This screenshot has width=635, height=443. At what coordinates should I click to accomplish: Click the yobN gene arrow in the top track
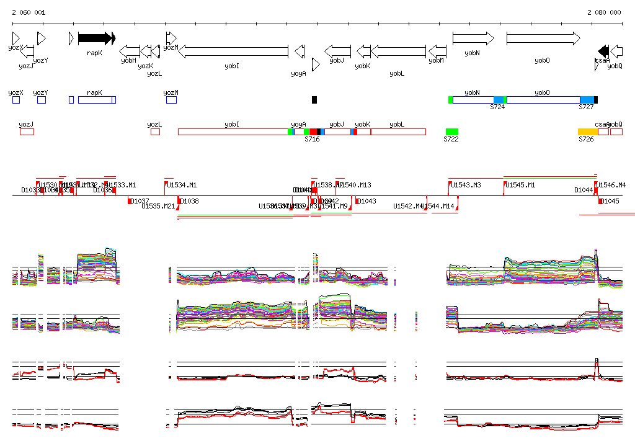473,38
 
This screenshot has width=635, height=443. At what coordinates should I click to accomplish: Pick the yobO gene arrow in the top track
543,38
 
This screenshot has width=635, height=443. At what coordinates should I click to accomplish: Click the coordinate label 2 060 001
28,12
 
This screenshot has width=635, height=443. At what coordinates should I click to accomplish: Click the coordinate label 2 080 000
604,12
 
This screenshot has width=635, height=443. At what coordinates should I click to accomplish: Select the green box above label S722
452,132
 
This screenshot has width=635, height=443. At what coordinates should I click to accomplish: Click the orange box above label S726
587,132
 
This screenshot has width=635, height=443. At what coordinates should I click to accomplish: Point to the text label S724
497,107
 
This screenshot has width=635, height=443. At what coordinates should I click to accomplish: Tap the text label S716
312,140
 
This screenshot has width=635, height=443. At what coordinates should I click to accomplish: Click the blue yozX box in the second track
16,100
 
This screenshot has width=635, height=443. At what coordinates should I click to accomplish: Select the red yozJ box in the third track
27,132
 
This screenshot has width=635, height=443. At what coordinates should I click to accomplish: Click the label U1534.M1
182,185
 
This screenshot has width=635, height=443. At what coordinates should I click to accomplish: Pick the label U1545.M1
520,185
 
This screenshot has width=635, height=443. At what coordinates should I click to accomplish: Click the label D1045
611,201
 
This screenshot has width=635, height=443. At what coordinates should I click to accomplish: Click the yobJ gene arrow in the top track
338,51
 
